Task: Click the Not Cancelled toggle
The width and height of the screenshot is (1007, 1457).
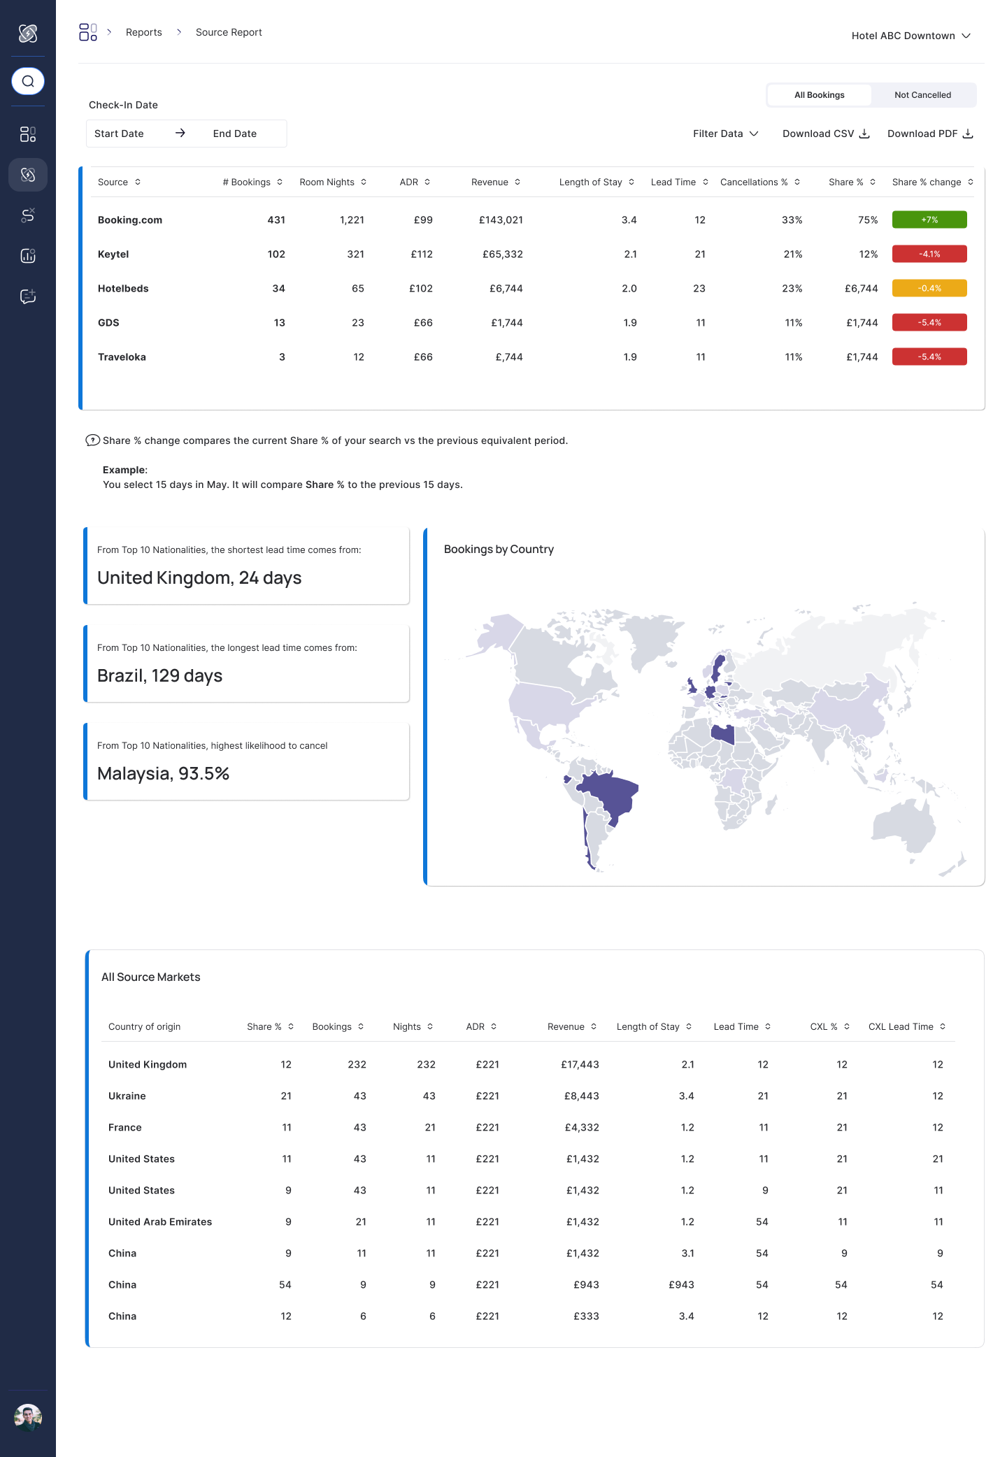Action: coord(922,95)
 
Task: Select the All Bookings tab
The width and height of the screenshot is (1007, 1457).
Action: coord(819,95)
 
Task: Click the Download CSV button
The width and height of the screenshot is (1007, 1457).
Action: coord(825,134)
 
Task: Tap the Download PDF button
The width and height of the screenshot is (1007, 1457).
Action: coord(929,134)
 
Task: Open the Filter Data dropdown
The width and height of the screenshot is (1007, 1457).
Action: coord(725,134)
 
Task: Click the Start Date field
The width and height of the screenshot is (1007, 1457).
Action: coord(119,134)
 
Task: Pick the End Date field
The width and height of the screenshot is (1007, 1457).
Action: coord(235,134)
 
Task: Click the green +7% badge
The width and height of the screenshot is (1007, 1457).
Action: coord(929,220)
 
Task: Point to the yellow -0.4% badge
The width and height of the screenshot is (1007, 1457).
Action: coord(929,288)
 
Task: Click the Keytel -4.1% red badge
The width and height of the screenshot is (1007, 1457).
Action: coord(929,254)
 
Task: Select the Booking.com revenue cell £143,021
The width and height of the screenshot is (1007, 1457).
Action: coord(501,220)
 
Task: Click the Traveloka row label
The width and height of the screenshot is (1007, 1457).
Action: coord(122,357)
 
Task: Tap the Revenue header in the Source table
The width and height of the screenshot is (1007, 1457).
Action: coord(490,182)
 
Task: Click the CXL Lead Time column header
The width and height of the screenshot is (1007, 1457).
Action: coord(901,1026)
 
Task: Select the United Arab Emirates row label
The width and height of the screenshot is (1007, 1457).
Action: coord(160,1221)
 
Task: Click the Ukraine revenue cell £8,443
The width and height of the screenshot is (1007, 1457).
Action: coord(581,1096)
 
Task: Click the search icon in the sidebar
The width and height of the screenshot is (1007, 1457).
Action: coord(28,81)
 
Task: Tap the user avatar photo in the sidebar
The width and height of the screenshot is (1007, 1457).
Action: coord(28,1417)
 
